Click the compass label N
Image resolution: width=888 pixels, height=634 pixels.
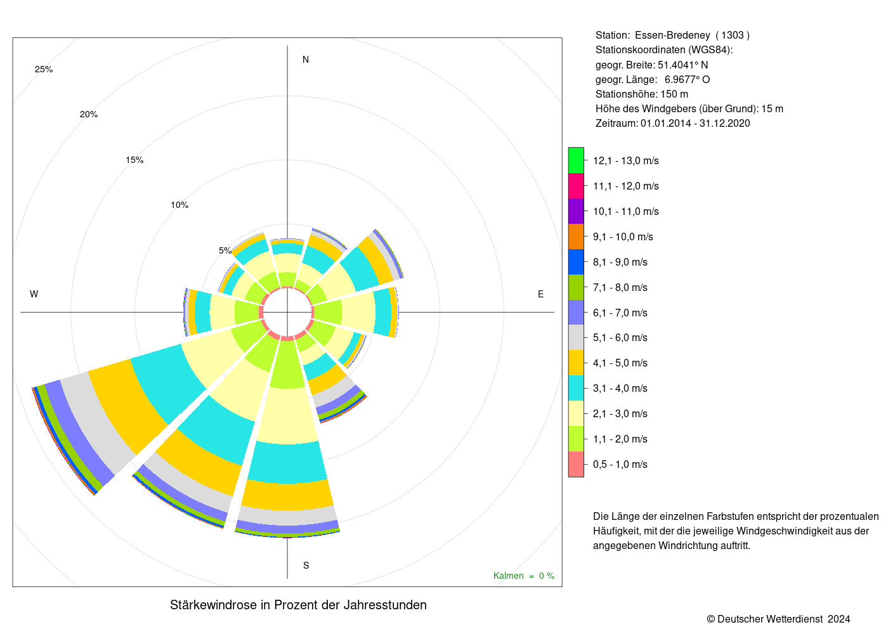[x=306, y=60]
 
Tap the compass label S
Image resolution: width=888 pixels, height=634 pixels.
[x=306, y=566]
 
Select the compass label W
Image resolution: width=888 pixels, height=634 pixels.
[x=34, y=294]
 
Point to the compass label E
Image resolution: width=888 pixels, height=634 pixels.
[x=540, y=294]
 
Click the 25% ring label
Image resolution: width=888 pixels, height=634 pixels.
[x=44, y=69]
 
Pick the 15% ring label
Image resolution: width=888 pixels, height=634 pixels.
[x=134, y=160]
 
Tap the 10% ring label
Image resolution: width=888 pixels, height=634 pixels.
[x=180, y=205]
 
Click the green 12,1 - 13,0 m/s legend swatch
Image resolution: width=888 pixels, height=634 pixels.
[x=576, y=160]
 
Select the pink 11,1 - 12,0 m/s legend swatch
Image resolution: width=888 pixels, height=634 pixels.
[x=576, y=186]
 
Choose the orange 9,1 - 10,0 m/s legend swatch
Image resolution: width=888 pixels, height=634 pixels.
[x=576, y=236]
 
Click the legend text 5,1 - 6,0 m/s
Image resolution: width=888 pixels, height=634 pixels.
[x=620, y=337]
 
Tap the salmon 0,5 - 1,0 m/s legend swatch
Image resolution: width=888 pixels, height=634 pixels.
[x=576, y=464]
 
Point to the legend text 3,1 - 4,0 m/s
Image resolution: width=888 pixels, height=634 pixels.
[x=620, y=388]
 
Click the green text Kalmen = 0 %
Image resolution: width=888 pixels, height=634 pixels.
[x=524, y=576]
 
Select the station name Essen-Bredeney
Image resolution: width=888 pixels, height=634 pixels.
[x=672, y=36]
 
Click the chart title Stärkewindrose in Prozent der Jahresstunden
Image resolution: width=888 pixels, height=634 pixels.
[x=298, y=605]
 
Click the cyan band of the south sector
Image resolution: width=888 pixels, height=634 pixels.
[x=287, y=462]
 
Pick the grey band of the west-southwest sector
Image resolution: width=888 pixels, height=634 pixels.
[x=97, y=420]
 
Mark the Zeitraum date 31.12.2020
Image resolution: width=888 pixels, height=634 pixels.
[x=724, y=123]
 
